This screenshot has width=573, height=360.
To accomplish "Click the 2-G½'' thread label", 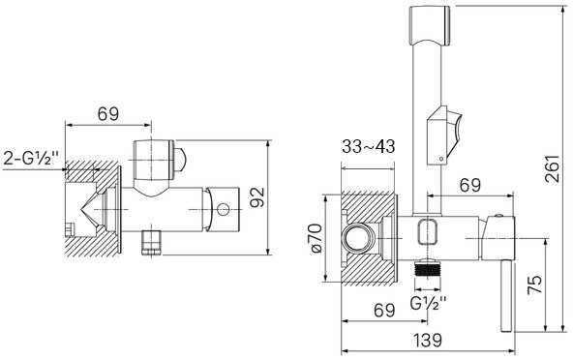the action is tap(31, 159).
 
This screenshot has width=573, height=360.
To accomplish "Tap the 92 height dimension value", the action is tap(258, 197).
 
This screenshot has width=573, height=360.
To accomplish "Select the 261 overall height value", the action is tap(552, 168).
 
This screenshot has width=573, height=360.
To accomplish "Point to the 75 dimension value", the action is tap(534, 285).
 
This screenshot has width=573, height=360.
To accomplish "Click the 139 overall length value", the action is tap(428, 341).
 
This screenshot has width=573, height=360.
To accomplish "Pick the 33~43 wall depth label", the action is tap(369, 146).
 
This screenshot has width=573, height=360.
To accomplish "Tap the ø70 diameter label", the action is tap(316, 238).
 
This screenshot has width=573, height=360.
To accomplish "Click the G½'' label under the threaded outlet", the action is tap(428, 303).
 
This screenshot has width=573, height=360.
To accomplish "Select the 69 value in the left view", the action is tap(108, 114).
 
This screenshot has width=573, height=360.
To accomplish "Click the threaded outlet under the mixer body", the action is tap(427, 268).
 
